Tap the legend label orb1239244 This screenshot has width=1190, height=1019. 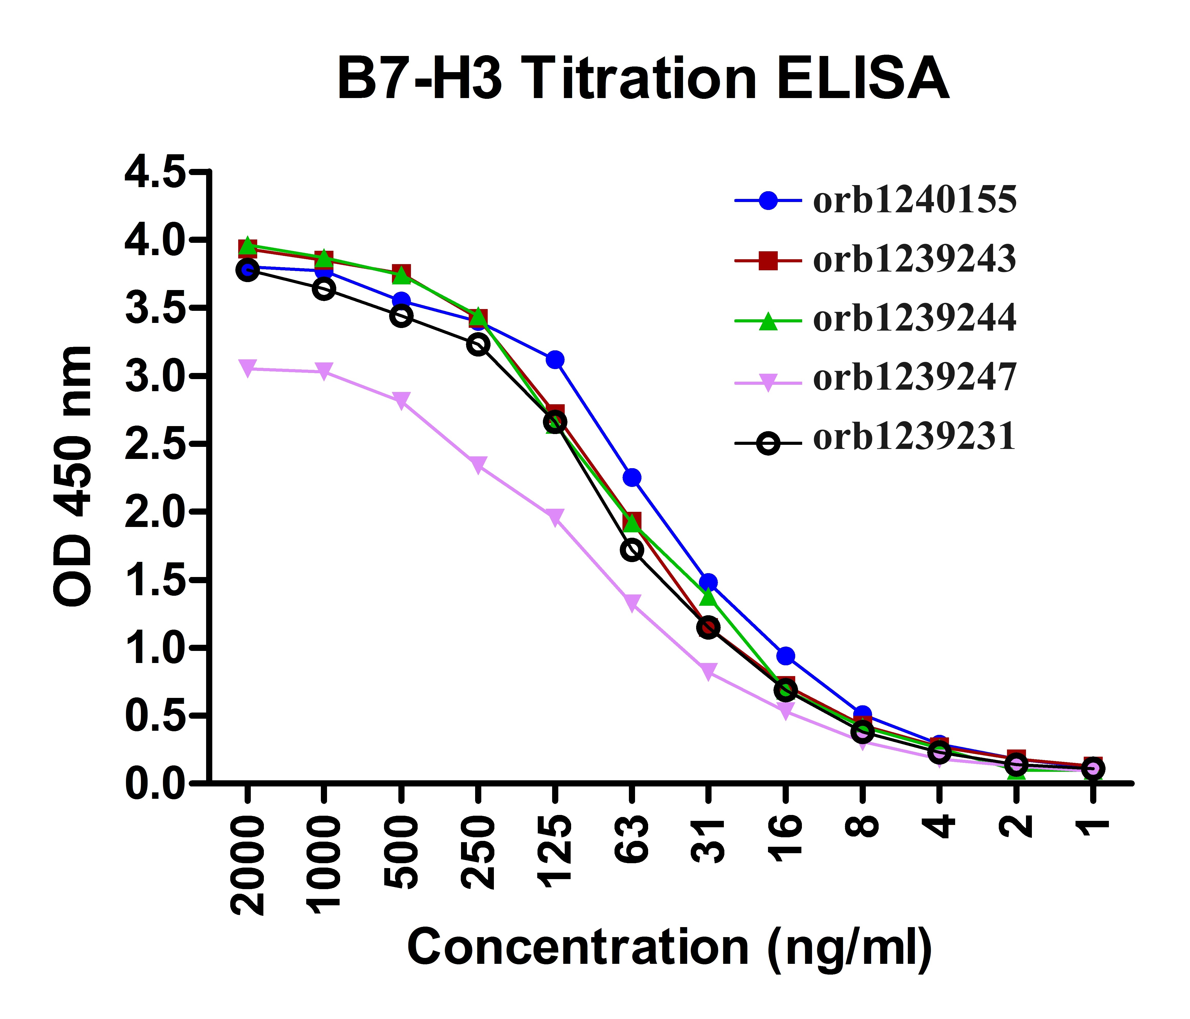(x=914, y=319)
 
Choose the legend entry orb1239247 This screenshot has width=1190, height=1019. (x=914, y=378)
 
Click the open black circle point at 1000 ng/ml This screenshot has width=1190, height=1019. (x=324, y=289)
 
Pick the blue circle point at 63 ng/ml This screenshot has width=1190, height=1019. (x=632, y=477)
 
